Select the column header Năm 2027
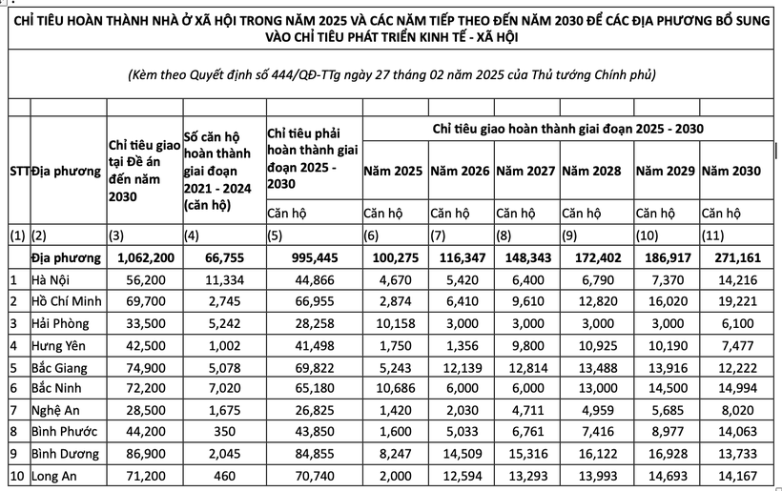click(x=525, y=172)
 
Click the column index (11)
click(x=714, y=235)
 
